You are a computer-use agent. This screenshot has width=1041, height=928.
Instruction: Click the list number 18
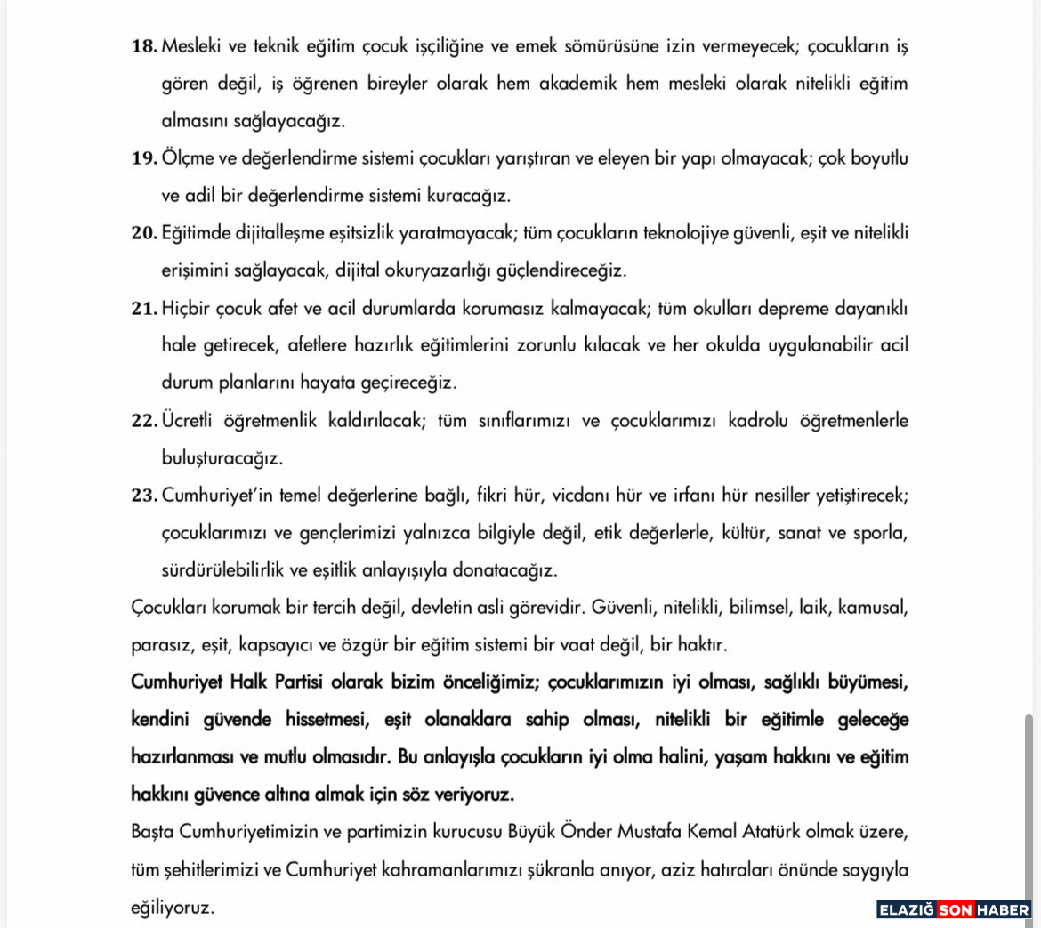[x=143, y=46]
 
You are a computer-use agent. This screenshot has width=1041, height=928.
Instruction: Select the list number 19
[x=143, y=158]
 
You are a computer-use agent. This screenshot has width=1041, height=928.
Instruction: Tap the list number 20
[x=143, y=233]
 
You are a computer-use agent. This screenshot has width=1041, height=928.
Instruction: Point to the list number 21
[x=143, y=308]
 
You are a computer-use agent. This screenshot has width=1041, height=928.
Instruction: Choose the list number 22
[x=143, y=421]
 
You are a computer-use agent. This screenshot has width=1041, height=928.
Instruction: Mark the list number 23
[x=143, y=496]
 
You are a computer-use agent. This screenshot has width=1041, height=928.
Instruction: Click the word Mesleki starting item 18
[x=192, y=46]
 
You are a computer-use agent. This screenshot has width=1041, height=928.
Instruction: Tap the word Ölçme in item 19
[x=184, y=158]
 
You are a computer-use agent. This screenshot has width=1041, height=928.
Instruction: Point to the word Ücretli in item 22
[x=190, y=421]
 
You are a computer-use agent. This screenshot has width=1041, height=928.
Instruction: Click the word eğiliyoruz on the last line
[x=173, y=908]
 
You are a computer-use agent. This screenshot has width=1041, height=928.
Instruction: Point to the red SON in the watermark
[x=954, y=909]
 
